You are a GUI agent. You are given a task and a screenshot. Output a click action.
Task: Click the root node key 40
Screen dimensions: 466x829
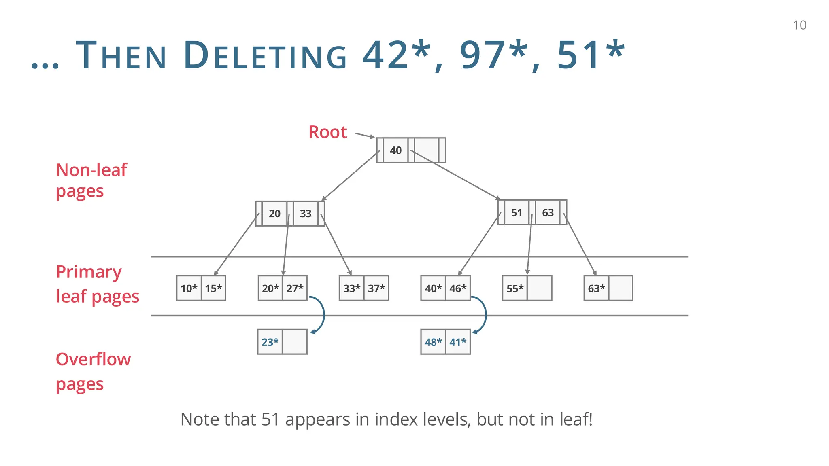click(x=395, y=150)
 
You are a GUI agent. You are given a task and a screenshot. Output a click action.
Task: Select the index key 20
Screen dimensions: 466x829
click(x=274, y=214)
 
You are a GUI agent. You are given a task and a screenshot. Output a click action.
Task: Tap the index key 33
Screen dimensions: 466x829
click(x=306, y=214)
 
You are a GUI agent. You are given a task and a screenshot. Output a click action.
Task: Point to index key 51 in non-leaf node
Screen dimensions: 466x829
click(x=517, y=213)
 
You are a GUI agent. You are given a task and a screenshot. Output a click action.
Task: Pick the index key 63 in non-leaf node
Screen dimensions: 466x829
click(x=548, y=213)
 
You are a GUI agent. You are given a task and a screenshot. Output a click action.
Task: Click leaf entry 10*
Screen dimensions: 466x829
click(x=189, y=288)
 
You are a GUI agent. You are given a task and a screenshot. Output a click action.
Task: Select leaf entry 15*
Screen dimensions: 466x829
click(x=213, y=288)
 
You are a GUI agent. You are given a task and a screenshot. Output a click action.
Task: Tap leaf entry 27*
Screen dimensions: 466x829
click(x=295, y=288)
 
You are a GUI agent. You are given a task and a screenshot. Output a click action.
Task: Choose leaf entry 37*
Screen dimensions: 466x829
click(x=376, y=288)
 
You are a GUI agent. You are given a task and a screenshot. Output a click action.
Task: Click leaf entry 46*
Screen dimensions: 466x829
click(x=458, y=288)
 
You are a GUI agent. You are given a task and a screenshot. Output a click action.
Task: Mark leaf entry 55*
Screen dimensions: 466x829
click(x=515, y=288)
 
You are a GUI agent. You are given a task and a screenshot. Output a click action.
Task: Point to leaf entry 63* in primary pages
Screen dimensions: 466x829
click(x=596, y=288)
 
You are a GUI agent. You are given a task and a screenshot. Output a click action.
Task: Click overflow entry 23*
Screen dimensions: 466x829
click(x=270, y=342)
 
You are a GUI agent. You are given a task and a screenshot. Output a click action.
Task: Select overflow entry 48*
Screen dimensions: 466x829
click(x=433, y=342)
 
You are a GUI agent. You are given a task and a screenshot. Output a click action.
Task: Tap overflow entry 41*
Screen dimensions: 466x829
click(x=458, y=342)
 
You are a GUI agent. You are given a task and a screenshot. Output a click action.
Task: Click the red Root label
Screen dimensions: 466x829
click(x=327, y=132)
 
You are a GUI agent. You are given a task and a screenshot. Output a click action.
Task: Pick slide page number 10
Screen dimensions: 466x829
click(x=799, y=25)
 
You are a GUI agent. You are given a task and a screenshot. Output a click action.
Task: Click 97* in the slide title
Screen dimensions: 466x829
click(x=494, y=55)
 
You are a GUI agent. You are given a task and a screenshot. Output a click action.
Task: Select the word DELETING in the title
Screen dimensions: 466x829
click(x=265, y=56)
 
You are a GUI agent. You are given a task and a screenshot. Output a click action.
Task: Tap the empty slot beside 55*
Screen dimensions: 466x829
click(x=540, y=288)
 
